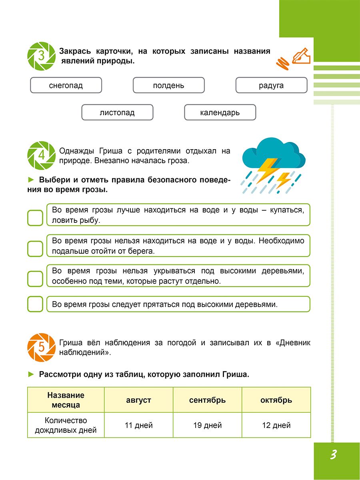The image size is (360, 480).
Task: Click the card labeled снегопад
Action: pos(66,85)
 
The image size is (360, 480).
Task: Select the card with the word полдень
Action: pos(168,85)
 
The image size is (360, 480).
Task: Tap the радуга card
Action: pos(271,85)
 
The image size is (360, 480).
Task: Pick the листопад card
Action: pos(117,112)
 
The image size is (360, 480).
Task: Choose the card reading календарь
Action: pos(220,112)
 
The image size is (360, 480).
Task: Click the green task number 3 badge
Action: pos(42,56)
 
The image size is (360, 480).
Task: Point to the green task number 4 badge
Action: pos(42,155)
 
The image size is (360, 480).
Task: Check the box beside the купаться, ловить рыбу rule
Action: pos(35,218)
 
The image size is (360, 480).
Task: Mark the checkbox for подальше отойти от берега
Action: pos(35,248)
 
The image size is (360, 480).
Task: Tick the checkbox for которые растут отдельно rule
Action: pos(35,278)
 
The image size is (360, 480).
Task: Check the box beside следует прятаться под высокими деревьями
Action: pos(35,304)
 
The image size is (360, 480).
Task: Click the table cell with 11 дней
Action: pos(138,425)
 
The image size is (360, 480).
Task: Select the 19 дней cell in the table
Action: pos(207,425)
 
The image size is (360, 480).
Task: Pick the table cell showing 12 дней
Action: pos(276,425)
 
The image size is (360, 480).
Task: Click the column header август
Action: pos(138,400)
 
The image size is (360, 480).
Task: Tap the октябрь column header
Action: pos(276,400)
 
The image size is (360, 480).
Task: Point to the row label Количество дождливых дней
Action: pos(66,425)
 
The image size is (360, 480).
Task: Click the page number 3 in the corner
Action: pos(333,455)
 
